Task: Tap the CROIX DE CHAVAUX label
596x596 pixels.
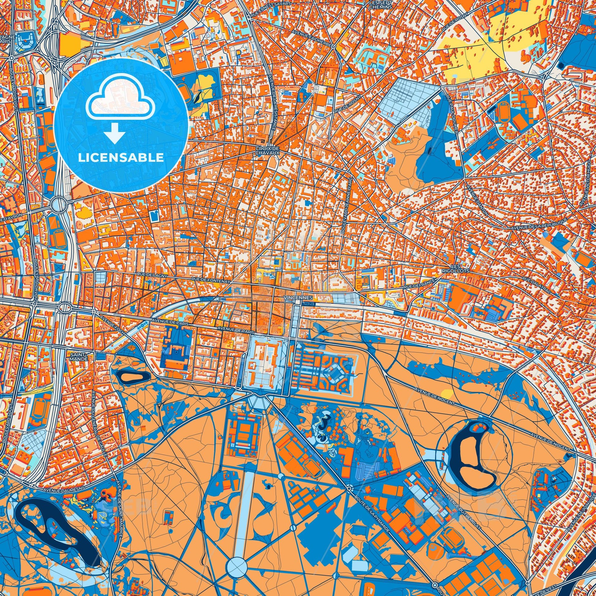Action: point(267,150)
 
